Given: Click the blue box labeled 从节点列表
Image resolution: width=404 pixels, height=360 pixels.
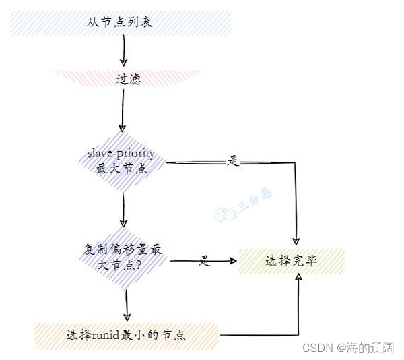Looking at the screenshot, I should tap(121, 22).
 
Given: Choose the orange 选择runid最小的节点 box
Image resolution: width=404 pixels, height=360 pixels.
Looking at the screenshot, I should tap(126, 333).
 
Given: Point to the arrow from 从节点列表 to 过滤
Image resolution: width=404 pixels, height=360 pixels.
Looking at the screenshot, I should tap(123, 51).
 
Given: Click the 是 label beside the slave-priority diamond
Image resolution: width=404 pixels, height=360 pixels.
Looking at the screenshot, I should tap(234, 162).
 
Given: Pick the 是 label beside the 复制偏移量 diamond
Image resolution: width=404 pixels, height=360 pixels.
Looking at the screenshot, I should tap(205, 261).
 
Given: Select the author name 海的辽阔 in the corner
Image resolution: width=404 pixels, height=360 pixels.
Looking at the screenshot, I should tap(370, 347).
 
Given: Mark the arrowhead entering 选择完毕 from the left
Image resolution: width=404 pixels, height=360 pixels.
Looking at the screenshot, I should tap(234, 260).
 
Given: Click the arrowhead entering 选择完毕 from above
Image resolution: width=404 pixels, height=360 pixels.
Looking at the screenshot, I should tap(297, 241).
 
